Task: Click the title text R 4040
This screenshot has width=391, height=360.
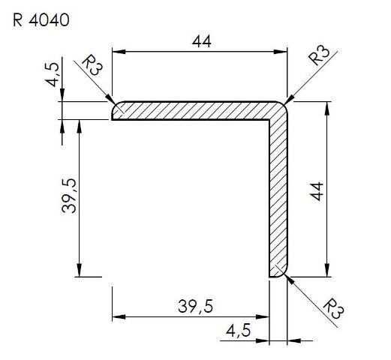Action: [x=41, y=20]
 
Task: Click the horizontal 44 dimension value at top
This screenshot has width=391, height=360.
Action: [x=202, y=41]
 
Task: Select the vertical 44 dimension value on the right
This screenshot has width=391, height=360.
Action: [x=317, y=191]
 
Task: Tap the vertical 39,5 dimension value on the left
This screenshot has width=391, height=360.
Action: [x=69, y=195]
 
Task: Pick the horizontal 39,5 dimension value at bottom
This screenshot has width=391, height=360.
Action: [x=195, y=306]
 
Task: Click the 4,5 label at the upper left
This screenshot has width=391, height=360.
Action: [x=53, y=74]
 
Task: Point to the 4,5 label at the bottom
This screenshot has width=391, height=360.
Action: [x=238, y=330]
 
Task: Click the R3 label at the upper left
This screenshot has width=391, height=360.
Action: [x=92, y=65]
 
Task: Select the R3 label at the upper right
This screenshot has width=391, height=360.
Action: [x=319, y=55]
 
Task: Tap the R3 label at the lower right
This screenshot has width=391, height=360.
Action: [x=334, y=308]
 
